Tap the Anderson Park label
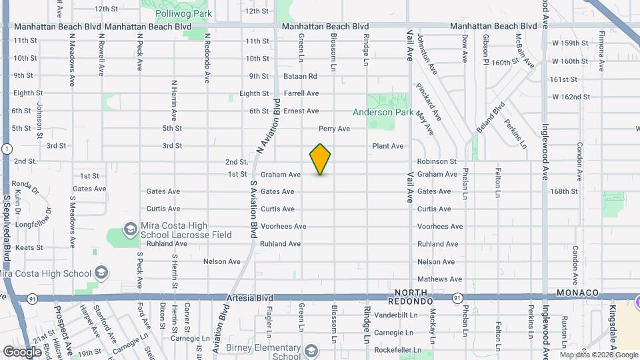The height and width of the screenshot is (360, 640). [x=383, y=113]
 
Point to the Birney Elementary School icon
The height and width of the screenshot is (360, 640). [x=311, y=351]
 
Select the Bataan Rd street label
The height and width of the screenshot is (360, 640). [x=299, y=76]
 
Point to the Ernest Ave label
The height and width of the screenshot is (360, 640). [x=301, y=111]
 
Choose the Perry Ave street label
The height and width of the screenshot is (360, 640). [x=334, y=129]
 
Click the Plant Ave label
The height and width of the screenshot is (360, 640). [x=387, y=146]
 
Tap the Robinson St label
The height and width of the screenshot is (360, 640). [x=437, y=161]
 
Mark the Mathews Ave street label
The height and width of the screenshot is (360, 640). [x=439, y=279]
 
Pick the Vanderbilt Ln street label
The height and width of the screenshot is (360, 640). [x=395, y=314]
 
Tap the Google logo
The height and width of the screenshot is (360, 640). [x=22, y=351]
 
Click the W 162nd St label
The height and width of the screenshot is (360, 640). [x=571, y=97]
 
